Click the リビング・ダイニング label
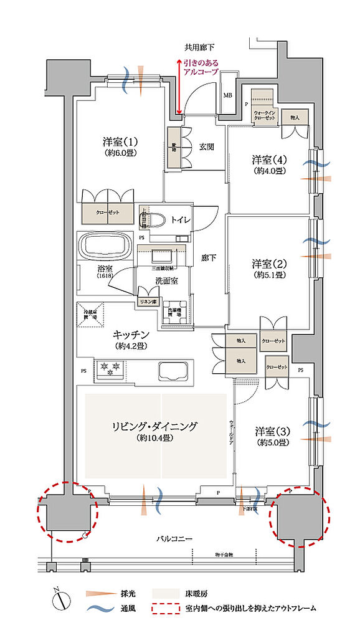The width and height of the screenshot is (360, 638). tap(154, 427)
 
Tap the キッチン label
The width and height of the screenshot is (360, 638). tap(130, 335)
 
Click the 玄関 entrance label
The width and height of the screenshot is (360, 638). tap(207, 147)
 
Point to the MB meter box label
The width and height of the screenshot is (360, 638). tap(229, 95)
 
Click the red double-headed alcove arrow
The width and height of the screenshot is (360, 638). tap(179, 87)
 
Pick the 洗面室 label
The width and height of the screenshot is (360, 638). tap(166, 281)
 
